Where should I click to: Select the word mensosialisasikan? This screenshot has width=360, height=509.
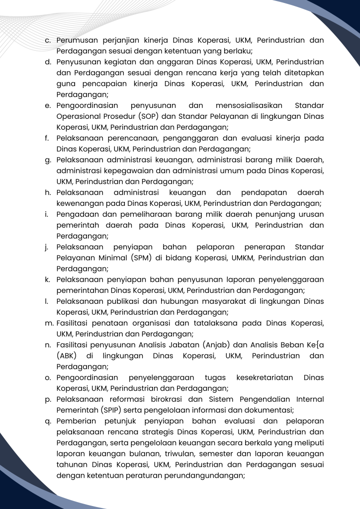pos(249,105)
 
